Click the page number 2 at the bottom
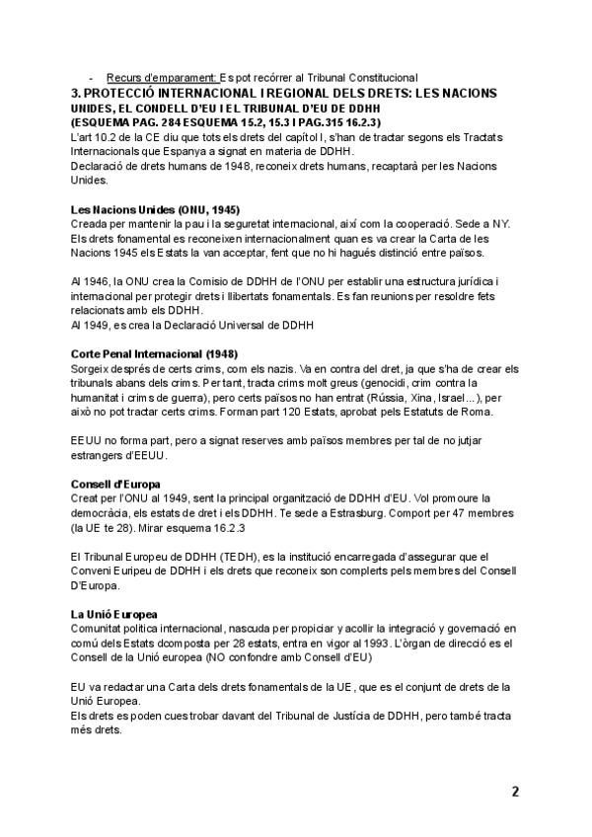pos(514,791)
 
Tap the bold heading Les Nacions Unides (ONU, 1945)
pos(156,210)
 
